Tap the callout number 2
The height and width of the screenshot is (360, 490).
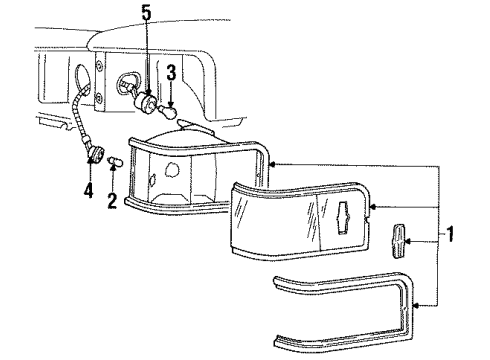(x=112, y=202)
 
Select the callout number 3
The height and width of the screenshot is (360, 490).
(x=171, y=72)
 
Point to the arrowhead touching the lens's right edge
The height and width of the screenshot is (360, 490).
(x=373, y=206)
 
